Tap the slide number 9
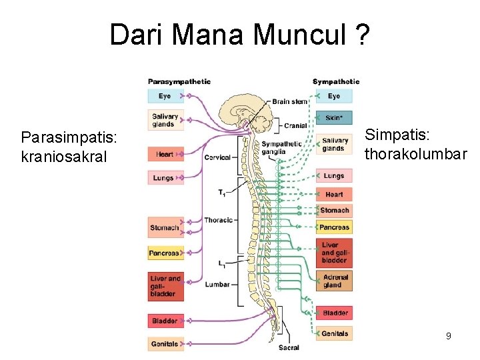tap(449, 336)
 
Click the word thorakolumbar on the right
tap(415, 155)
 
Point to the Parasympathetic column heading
tap(179, 82)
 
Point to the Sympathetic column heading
tap(335, 82)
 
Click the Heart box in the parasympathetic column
tap(165, 154)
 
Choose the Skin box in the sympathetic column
tap(334, 118)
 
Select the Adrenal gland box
tap(334, 281)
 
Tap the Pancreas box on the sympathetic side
tap(334, 227)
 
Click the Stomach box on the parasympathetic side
tap(165, 227)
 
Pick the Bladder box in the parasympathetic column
tap(165, 321)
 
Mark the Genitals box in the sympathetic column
tap(334, 333)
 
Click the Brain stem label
tap(290, 101)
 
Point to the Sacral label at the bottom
tap(289, 347)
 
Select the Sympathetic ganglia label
tap(281, 147)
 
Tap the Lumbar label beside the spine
tap(217, 284)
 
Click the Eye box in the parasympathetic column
tap(165, 96)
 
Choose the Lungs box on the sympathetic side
tap(334, 176)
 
